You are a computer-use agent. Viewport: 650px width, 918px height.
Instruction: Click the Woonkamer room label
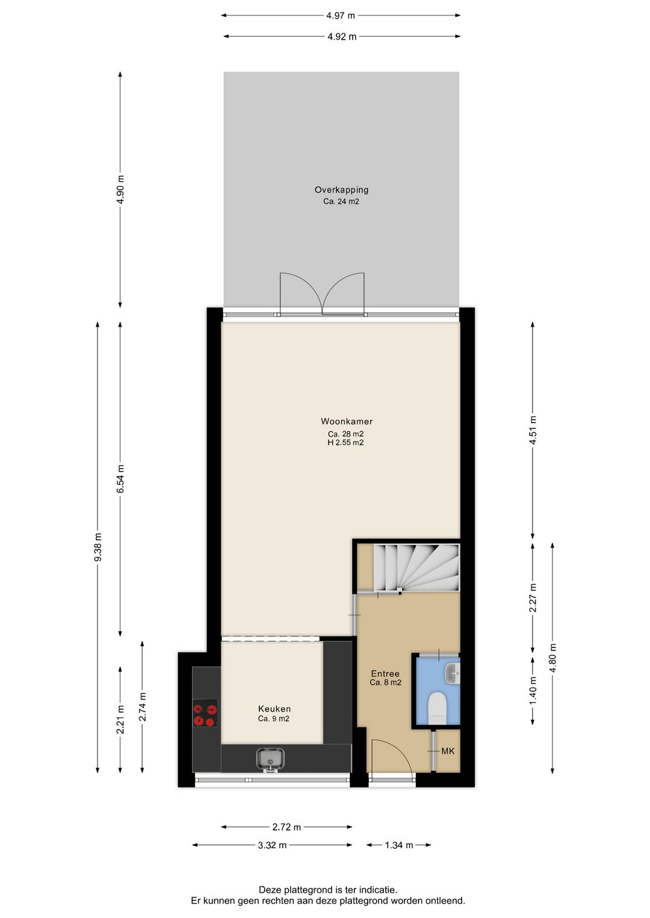point(346,422)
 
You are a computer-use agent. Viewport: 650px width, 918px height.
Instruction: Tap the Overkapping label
point(341,190)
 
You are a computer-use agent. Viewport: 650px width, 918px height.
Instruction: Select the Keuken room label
point(274,709)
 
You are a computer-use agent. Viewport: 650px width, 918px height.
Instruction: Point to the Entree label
point(385,674)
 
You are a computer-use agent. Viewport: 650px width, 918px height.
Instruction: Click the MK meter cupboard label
point(448,751)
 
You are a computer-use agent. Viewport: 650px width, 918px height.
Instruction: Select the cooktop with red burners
point(205,713)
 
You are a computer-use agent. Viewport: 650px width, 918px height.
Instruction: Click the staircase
point(415,568)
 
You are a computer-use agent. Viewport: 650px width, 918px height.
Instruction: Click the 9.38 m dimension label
point(98,547)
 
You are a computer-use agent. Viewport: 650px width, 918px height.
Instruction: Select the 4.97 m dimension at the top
point(341,16)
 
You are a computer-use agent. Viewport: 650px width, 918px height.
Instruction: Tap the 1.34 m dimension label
point(399,845)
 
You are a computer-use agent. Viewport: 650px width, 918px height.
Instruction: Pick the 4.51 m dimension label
point(533,430)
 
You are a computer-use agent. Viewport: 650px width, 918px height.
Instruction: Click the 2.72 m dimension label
point(286,827)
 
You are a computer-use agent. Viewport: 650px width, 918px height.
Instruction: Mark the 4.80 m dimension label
point(553,658)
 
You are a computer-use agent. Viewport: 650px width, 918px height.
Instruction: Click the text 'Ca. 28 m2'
point(345,434)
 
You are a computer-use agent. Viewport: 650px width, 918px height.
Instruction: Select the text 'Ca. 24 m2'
point(341,202)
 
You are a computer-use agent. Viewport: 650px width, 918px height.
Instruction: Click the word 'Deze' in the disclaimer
point(270,890)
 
